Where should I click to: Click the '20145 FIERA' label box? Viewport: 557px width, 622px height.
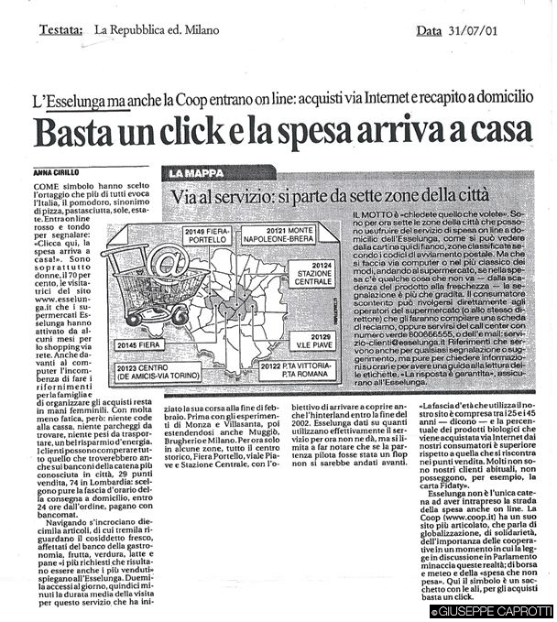point(138,345)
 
